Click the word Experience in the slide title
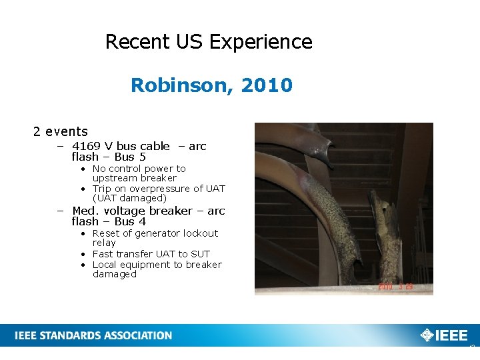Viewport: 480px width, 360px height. pyautogui.click(x=261, y=42)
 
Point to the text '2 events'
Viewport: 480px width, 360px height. pyautogui.click(x=61, y=131)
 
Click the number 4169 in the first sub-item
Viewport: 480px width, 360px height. pyautogui.click(x=87, y=146)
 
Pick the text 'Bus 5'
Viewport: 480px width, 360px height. pyautogui.click(x=130, y=157)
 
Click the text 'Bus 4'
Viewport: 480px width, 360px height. pyautogui.click(x=130, y=221)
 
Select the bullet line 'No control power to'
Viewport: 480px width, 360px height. pyautogui.click(x=139, y=169)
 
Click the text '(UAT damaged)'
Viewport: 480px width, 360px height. pyautogui.click(x=129, y=198)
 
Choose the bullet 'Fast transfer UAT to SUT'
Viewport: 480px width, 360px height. pyautogui.click(x=151, y=254)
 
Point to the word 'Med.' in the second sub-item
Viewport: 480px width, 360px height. pyautogui.click(x=84, y=211)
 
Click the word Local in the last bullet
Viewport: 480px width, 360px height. pyautogui.click(x=105, y=265)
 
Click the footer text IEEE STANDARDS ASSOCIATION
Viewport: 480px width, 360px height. pyautogui.click(x=93, y=335)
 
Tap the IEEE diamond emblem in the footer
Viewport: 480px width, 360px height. pyautogui.click(x=426, y=335)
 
